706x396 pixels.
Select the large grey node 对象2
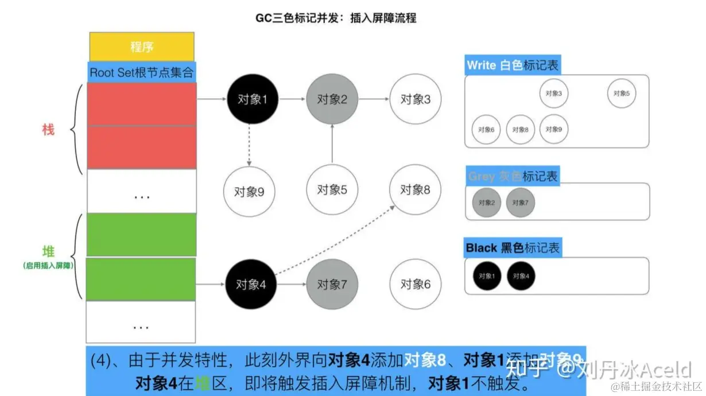[x=332, y=99]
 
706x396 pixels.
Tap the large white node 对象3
[x=415, y=99]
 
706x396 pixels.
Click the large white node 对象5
[x=332, y=190]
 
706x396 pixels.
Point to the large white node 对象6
[x=415, y=284]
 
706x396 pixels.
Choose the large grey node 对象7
[x=332, y=284]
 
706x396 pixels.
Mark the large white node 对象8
[x=415, y=190]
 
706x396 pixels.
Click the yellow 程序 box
[x=142, y=46]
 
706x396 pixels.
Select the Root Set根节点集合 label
[x=142, y=73]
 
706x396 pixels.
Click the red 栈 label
[x=48, y=130]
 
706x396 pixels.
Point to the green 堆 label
[x=48, y=251]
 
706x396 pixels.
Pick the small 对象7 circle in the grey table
[x=520, y=203]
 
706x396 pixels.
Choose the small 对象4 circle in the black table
[x=521, y=276]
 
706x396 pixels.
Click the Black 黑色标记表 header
[x=513, y=248]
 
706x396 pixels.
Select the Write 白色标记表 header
[x=513, y=65]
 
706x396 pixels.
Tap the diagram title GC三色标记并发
[x=336, y=18]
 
